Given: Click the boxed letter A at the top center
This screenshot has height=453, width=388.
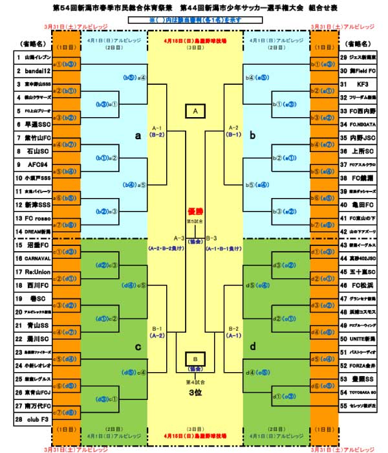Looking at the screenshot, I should (195, 111).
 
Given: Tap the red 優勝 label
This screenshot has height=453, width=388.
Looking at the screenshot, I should (195, 211).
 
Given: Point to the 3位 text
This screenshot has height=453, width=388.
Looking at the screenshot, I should (195, 393).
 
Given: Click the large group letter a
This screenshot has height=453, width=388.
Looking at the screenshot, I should (137, 137).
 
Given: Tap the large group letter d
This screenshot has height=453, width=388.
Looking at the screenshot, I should (253, 346).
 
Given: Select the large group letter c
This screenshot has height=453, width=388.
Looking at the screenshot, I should (137, 346).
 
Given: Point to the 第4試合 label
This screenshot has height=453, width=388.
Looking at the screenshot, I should (195, 381).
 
